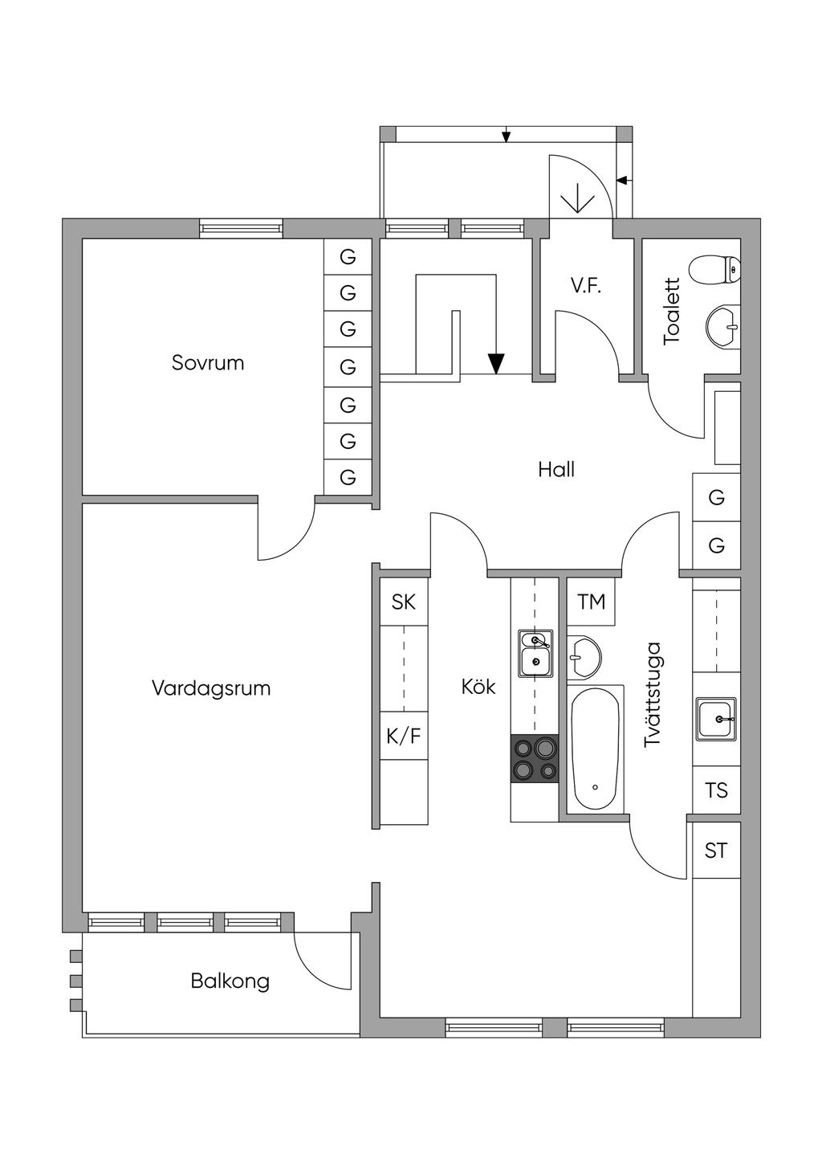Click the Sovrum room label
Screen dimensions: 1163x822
click(x=208, y=363)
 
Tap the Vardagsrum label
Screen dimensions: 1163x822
click(x=211, y=688)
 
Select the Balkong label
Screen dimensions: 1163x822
click(x=230, y=981)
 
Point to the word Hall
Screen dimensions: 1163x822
click(x=556, y=470)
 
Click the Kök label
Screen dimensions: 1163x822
click(x=478, y=688)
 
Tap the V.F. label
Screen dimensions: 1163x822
click(x=586, y=286)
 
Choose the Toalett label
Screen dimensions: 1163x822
click(x=672, y=312)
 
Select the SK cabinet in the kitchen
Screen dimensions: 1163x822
click(x=404, y=602)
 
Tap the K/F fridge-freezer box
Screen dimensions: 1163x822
click(x=404, y=736)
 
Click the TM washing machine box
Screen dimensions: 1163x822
click(x=592, y=602)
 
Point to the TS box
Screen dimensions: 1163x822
click(x=716, y=790)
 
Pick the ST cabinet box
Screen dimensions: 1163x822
click(x=716, y=850)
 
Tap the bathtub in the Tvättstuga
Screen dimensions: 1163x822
click(x=595, y=748)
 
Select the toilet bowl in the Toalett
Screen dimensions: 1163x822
click(x=714, y=270)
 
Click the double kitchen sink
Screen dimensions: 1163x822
click(x=535, y=652)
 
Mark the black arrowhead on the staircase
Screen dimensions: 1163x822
click(x=497, y=364)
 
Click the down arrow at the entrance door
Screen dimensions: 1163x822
click(x=577, y=198)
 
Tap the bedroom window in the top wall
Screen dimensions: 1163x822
click(x=242, y=228)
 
